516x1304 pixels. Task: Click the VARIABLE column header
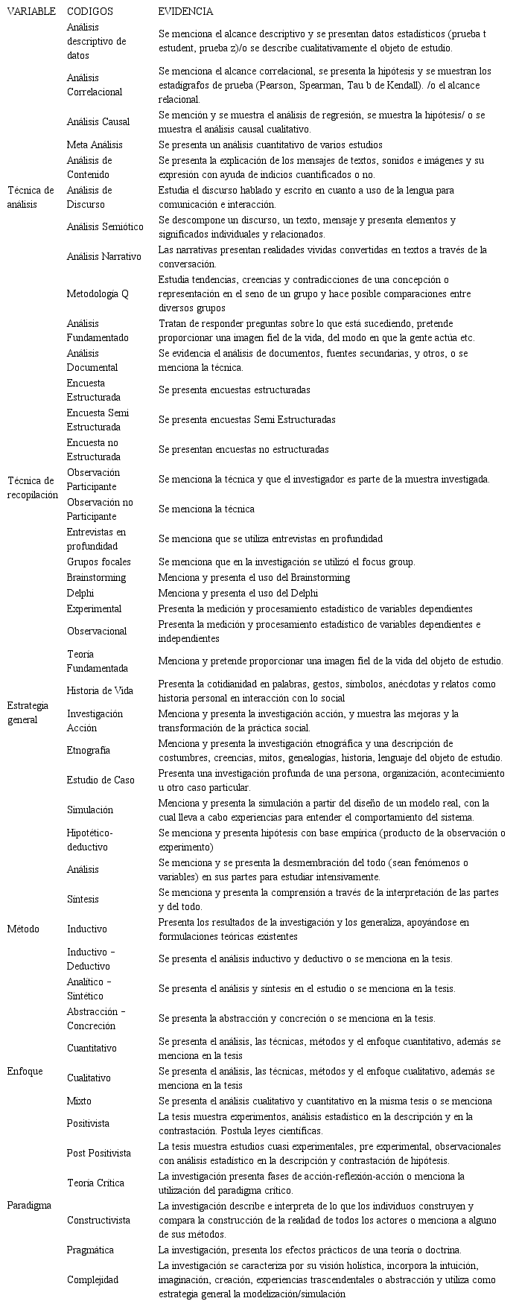click(x=31, y=12)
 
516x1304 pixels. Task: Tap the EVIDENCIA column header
click(x=185, y=12)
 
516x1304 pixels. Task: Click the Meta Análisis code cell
click(x=95, y=144)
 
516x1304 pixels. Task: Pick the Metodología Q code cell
click(x=98, y=293)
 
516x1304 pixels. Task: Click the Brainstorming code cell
click(x=96, y=577)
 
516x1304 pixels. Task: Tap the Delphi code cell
click(x=80, y=593)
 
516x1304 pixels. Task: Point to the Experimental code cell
click(x=94, y=608)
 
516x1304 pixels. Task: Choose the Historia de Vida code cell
click(x=100, y=690)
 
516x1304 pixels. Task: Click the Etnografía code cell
click(x=88, y=750)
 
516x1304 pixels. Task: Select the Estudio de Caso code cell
click(x=101, y=780)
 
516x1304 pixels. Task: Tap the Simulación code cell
click(x=90, y=810)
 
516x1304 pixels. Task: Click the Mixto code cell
click(x=80, y=1101)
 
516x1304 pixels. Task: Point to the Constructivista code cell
click(x=98, y=1220)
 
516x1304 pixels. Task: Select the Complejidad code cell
click(x=92, y=1279)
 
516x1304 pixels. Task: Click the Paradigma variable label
click(x=28, y=1204)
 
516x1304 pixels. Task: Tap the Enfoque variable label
click(x=25, y=1071)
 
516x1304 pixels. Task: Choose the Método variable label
click(x=23, y=929)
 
